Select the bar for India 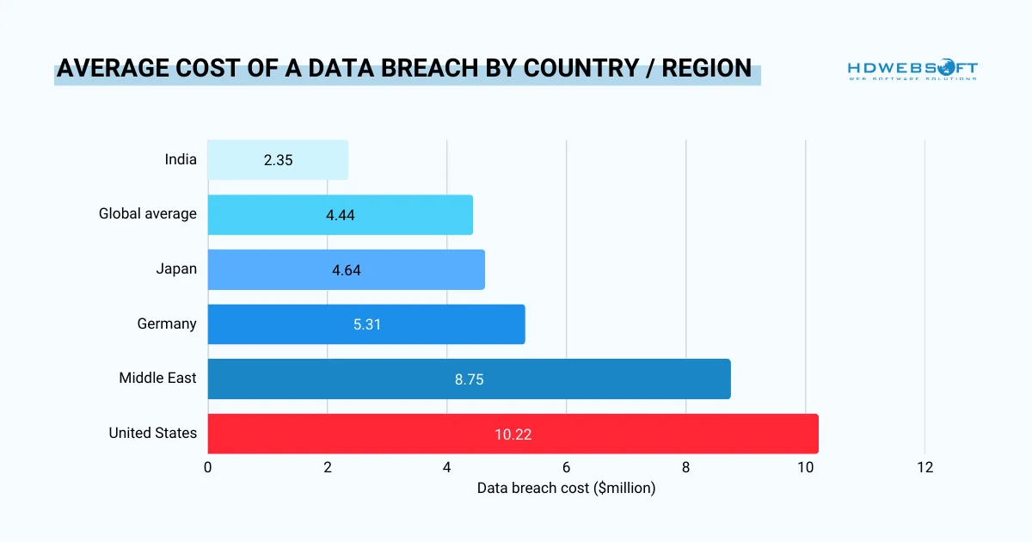[x=278, y=160]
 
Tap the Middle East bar [x=469, y=379]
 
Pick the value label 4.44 [x=340, y=215]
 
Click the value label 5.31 [x=366, y=324]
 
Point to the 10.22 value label [x=513, y=434]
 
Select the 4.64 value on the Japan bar [x=346, y=270]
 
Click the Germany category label [x=167, y=323]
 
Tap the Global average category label [x=147, y=213]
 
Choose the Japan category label [x=176, y=268]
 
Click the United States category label [x=152, y=433]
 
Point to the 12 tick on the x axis [x=924, y=468]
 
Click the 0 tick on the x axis [x=208, y=468]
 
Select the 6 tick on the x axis [x=566, y=468]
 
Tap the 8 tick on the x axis [x=685, y=468]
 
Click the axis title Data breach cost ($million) [x=566, y=489]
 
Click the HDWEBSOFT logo [x=912, y=71]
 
